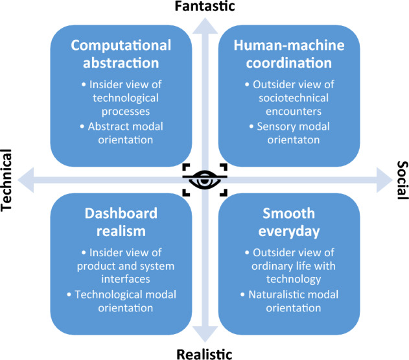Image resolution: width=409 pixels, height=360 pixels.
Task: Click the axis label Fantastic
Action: point(205,6)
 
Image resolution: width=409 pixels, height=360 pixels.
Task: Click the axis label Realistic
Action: point(205,354)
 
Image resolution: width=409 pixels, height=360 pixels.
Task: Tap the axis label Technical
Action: point(6,180)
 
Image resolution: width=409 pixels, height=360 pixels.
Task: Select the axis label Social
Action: point(403,180)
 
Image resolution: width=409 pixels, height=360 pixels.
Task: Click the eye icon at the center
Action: point(205,180)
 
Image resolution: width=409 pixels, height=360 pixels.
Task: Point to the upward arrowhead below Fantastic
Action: point(205,26)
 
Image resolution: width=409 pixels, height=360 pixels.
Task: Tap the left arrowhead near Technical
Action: point(25,180)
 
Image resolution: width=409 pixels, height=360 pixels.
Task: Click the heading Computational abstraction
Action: point(121,54)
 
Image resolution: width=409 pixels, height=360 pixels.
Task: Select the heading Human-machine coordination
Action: point(289,54)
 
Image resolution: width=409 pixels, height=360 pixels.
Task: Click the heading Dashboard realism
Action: point(121,222)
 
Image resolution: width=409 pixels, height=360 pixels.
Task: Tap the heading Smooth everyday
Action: point(289,222)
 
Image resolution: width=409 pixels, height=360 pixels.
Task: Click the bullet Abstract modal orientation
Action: point(122,133)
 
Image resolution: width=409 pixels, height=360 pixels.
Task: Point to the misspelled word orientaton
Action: point(294,140)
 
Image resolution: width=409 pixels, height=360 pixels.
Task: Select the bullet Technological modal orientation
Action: point(122,301)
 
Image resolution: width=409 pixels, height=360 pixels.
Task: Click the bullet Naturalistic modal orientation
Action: point(290,301)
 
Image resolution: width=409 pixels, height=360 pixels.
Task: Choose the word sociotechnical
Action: point(294,98)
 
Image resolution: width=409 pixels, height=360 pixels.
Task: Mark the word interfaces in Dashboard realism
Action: point(126,279)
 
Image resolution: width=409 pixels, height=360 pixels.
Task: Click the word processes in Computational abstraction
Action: point(126,112)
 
